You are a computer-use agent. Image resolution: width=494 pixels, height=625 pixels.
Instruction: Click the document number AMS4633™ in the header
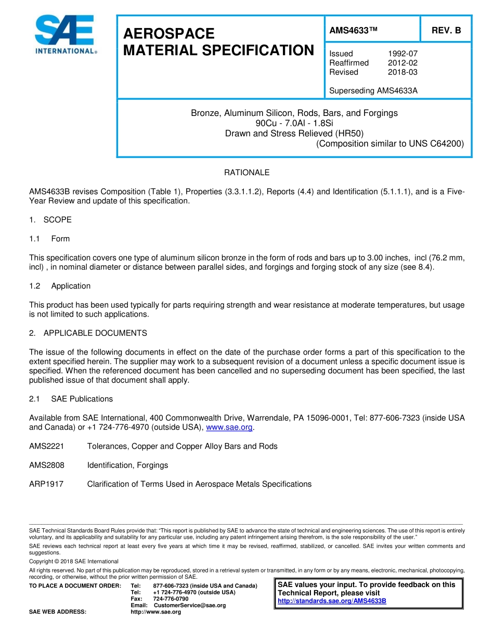(x=353, y=30)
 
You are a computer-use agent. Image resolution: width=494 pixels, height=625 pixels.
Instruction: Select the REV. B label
(x=446, y=30)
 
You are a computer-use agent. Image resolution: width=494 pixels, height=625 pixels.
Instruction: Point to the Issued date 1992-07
(x=402, y=54)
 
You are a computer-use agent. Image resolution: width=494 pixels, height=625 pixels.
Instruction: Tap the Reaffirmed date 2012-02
(x=402, y=63)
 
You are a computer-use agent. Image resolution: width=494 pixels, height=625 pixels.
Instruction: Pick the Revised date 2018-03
(x=402, y=72)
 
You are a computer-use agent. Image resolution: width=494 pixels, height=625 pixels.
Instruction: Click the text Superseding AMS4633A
(x=373, y=91)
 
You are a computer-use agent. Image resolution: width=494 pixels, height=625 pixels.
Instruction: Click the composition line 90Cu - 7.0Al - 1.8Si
(x=294, y=123)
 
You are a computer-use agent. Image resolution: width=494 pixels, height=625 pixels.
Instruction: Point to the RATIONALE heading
(x=246, y=173)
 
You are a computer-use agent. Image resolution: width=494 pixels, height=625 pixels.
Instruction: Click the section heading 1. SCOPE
(x=50, y=220)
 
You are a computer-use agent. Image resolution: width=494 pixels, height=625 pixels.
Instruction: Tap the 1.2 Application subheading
(x=60, y=286)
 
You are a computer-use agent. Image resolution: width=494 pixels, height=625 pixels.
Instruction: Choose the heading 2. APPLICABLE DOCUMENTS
(x=88, y=333)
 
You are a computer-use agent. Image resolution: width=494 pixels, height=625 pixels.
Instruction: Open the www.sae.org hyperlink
(x=229, y=427)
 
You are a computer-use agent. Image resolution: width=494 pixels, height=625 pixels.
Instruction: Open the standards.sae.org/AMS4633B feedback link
(x=332, y=601)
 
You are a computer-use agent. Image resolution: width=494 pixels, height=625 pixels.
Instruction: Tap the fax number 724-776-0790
(x=171, y=599)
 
